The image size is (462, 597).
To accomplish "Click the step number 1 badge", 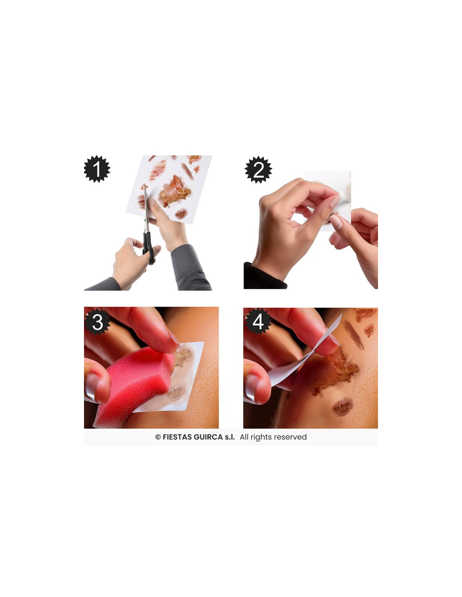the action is coord(97,169).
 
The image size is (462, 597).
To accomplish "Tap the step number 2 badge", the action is coord(258,170).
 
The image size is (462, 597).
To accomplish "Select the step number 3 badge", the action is coord(97,322).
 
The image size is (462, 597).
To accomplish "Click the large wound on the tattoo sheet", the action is coord(175,191).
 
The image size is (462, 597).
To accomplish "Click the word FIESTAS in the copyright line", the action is coord(178,437).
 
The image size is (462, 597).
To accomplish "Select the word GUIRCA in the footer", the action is coord(209,437).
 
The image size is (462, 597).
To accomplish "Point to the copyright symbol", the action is coord(158,437).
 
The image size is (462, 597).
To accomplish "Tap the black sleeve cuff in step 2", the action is coord(264,276).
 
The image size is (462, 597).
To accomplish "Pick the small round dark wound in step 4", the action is coord(342,407).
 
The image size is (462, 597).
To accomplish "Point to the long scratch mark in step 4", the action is coord(354,335).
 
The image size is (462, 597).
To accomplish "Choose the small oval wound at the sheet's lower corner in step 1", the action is coord(181,213).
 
